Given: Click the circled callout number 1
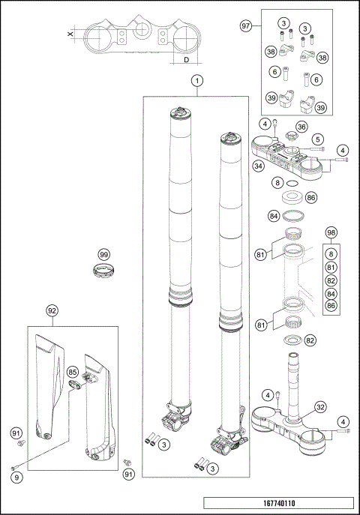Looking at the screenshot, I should pyautogui.click(x=196, y=80).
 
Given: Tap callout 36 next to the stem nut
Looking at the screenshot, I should pyautogui.click(x=301, y=127).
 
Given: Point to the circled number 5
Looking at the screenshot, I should pyautogui.click(x=318, y=139).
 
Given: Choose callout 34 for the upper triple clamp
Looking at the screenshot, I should pyautogui.click(x=258, y=166).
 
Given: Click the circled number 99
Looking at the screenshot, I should pyautogui.click(x=104, y=254).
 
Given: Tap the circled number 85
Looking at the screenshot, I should pyautogui.click(x=73, y=371).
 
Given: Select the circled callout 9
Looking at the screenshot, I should pyautogui.click(x=16, y=477).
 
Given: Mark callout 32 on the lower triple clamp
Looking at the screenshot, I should pyautogui.click(x=319, y=408).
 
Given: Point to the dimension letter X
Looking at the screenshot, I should pyautogui.click(x=70, y=34).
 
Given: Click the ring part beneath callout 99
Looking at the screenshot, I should pyautogui.click(x=104, y=270).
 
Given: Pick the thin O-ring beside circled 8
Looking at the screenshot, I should pyautogui.click(x=292, y=183).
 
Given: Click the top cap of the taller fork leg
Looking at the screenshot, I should pyautogui.click(x=182, y=113).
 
